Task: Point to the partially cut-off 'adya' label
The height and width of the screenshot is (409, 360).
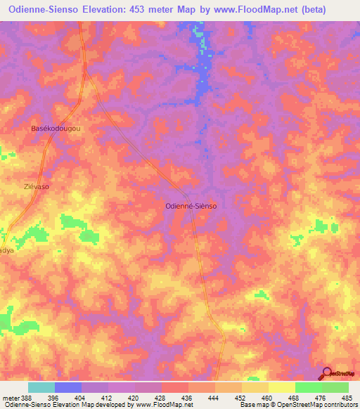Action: tap(6, 249)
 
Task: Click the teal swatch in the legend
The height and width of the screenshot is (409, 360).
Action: tap(41, 387)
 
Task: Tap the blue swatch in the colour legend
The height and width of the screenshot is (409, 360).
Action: tap(68, 387)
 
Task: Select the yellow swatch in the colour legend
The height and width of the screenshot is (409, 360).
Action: tap(281, 387)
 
